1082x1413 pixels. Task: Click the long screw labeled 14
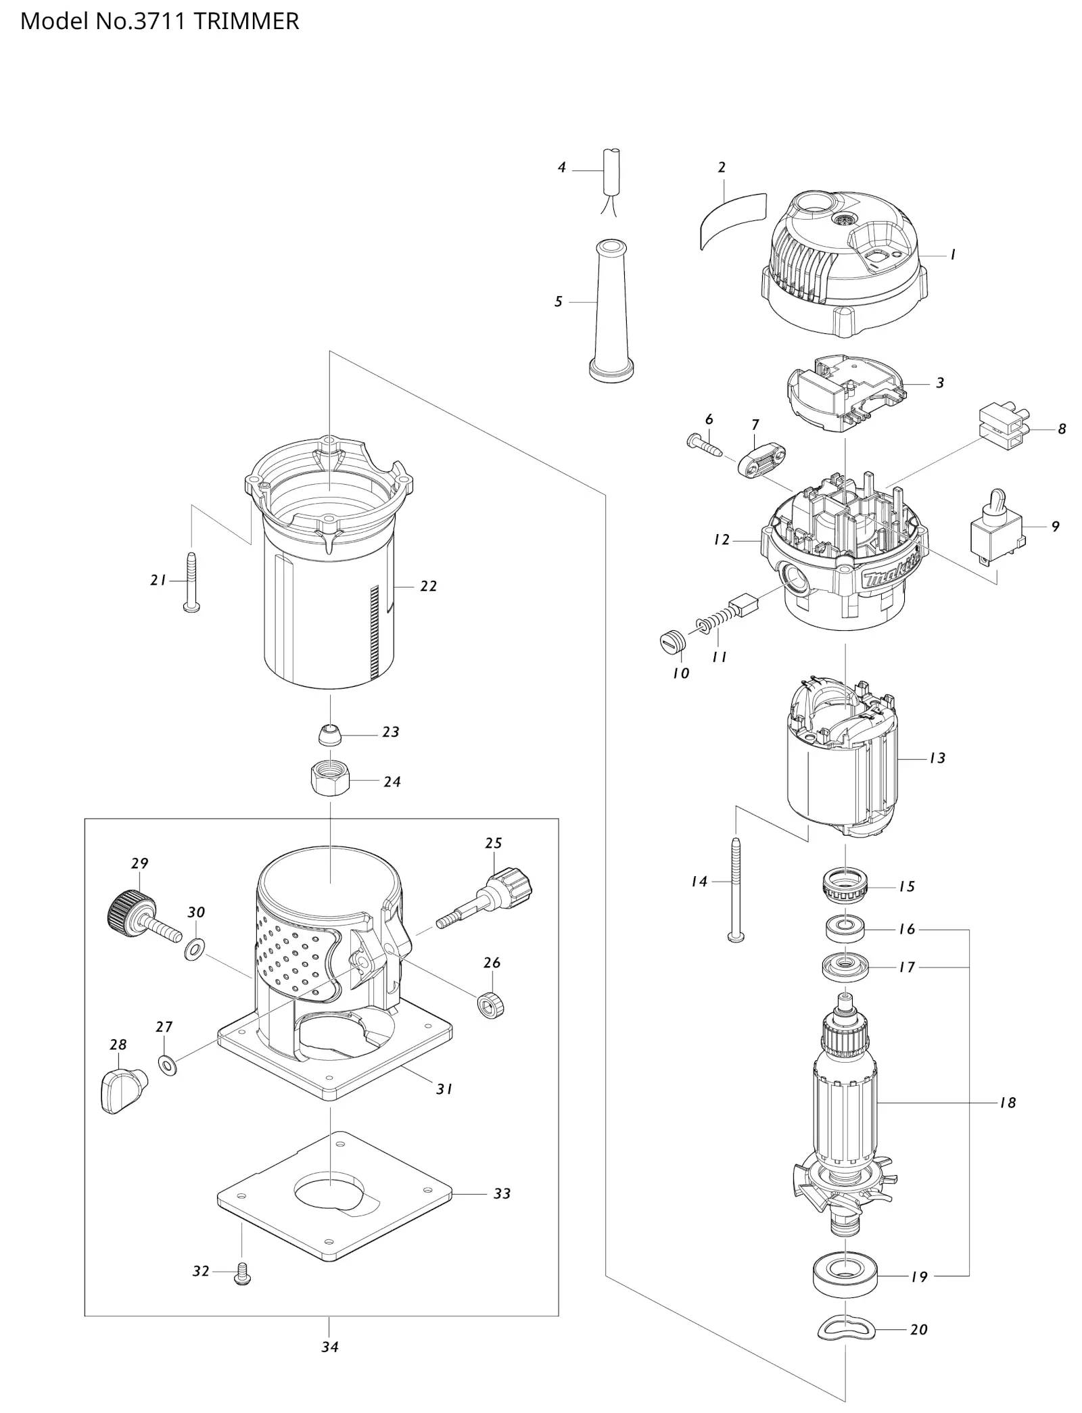click(735, 890)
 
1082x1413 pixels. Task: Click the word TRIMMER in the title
click(246, 21)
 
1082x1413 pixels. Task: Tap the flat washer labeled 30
click(194, 949)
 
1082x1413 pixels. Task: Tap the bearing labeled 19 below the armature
click(846, 1276)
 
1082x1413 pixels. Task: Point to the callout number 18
click(1008, 1103)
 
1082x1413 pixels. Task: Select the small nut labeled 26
click(490, 1005)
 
